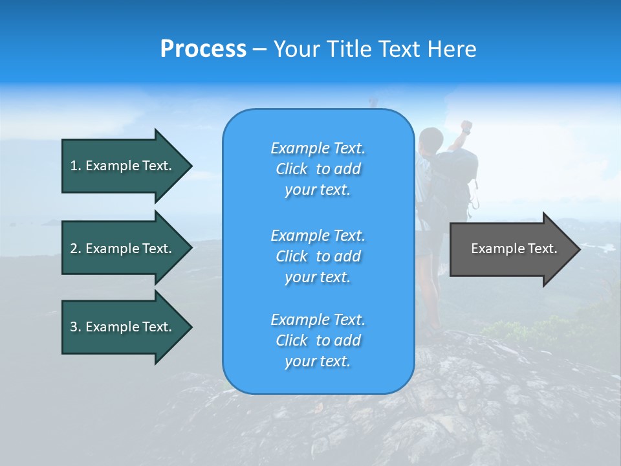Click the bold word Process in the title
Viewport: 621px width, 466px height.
(203, 49)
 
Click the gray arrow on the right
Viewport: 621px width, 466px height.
(511, 249)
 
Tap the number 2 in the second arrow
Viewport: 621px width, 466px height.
(74, 249)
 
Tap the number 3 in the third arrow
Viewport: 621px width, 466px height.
(74, 327)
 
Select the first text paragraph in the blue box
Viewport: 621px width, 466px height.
(318, 169)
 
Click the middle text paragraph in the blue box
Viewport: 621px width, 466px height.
(318, 256)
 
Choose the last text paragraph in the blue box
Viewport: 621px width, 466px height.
(318, 340)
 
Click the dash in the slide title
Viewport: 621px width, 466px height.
(259, 50)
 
